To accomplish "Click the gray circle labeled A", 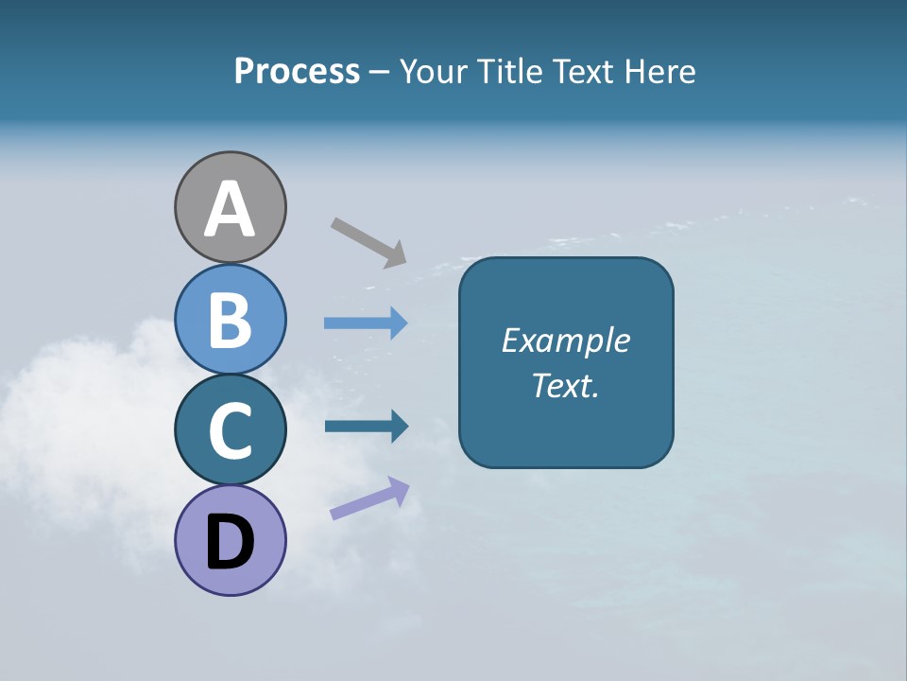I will click(230, 207).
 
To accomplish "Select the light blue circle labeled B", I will click(230, 319).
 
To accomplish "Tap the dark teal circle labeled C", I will click(230, 429).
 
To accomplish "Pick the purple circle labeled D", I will click(230, 540).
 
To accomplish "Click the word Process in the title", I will click(297, 71).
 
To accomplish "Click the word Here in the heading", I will click(660, 71).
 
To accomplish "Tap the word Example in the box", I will click(565, 340).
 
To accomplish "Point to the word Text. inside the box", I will click(565, 386).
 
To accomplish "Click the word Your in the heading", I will click(434, 71).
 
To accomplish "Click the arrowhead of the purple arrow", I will click(398, 489).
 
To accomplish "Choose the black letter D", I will click(230, 543).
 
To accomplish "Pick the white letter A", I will click(230, 209).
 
